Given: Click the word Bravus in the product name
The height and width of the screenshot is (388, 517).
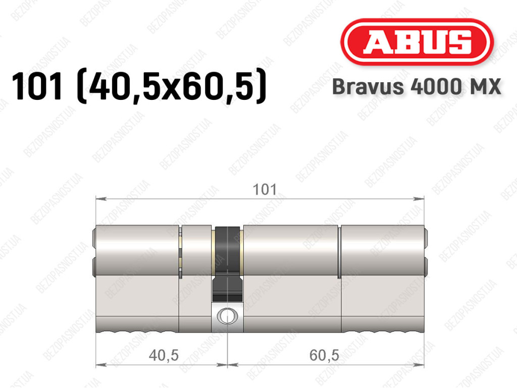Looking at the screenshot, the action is (x=368, y=87).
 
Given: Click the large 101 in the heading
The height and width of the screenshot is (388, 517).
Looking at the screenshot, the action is (x=37, y=86).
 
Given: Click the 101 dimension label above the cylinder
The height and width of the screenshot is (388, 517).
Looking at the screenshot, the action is (x=265, y=190).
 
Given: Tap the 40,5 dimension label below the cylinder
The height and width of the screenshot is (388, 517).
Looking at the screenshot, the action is (x=164, y=355).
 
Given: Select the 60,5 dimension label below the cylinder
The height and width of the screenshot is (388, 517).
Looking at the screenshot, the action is (x=324, y=355).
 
